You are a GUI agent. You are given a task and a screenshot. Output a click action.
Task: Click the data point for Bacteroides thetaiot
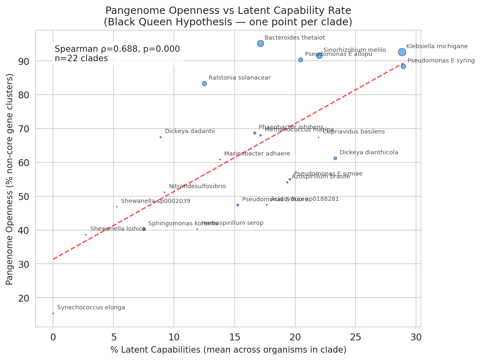tap(261, 44)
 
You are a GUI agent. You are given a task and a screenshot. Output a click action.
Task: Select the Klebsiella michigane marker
tap(402, 52)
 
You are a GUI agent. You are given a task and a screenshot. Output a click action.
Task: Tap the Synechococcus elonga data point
tap(53, 313)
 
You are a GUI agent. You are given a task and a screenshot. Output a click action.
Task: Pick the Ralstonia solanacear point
tap(204, 84)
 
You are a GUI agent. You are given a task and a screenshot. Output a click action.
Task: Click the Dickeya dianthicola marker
tap(335, 158)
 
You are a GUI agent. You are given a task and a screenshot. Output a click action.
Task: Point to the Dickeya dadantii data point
tap(160, 137)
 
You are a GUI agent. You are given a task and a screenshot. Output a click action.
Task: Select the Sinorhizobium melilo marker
tap(319, 56)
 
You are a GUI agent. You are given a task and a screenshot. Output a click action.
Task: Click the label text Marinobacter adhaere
tap(257, 154)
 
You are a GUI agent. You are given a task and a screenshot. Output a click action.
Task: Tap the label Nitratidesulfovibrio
tap(197, 187)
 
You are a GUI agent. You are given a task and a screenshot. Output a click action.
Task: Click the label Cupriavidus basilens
tap(354, 132)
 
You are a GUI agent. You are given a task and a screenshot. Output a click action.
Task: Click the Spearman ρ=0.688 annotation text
tap(117, 49)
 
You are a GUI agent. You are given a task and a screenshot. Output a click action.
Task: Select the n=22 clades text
tap(81, 59)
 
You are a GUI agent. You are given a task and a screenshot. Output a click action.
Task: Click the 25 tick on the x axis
tap(356, 337)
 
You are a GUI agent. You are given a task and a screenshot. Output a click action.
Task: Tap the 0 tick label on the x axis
tap(53, 337)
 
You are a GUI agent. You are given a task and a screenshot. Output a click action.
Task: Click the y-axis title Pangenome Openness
tap(10, 179)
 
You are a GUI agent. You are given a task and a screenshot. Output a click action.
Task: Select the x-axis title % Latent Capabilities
tap(228, 350)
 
